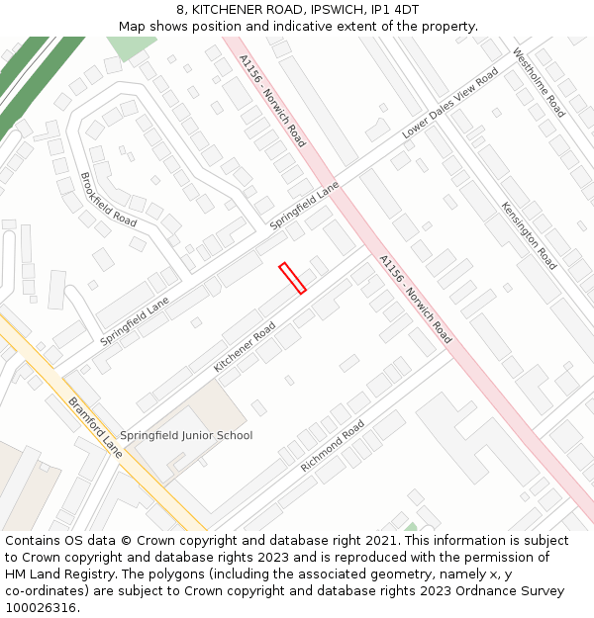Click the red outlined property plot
[x=292, y=278]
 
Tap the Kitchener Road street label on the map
[x=245, y=346]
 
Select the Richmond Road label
[x=333, y=446]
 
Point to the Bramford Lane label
[x=95, y=426]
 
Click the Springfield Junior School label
[x=186, y=435]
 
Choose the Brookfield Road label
[x=108, y=200]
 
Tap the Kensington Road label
[x=529, y=236]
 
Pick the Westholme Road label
[x=539, y=83]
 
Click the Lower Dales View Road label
[x=449, y=104]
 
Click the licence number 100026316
[x=41, y=607]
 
